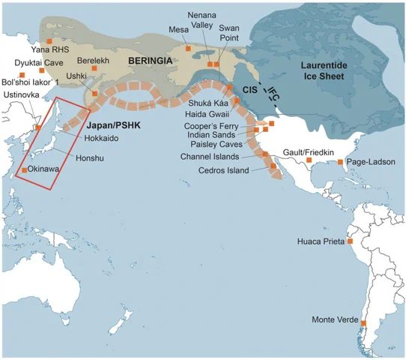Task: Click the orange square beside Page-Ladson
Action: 341,162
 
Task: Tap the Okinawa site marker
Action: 25,171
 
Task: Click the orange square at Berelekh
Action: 94,70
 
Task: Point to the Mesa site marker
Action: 188,49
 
